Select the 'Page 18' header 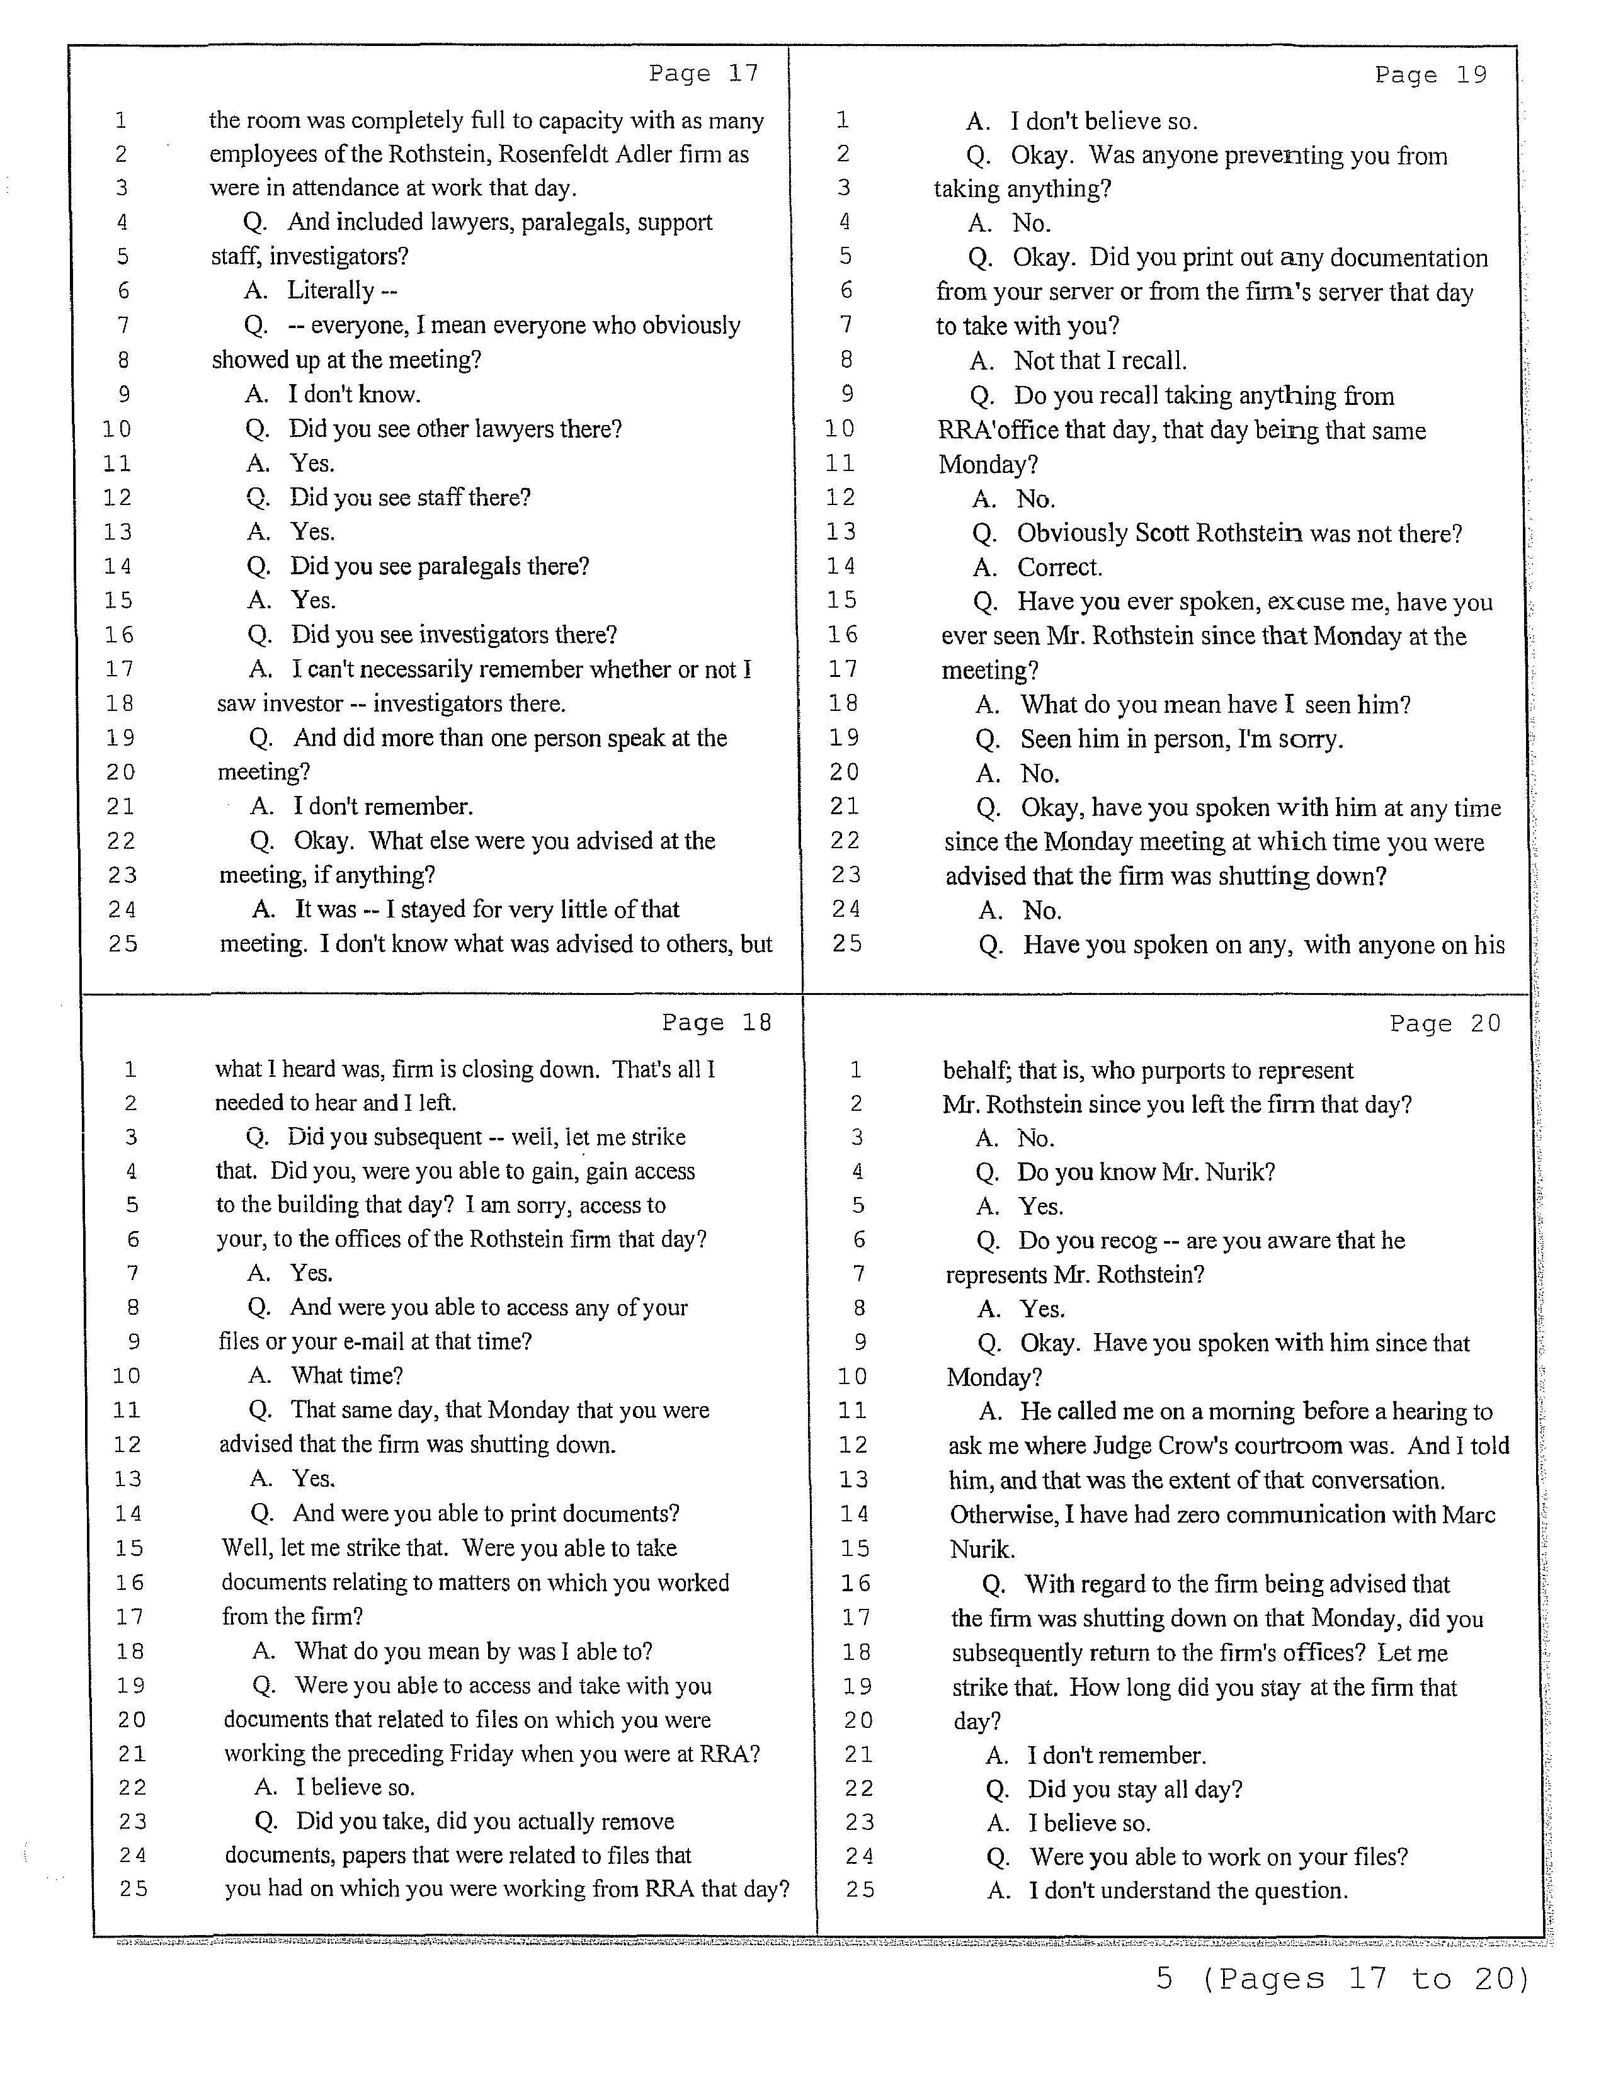[x=717, y=1023]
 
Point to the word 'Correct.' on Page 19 [x=1059, y=567]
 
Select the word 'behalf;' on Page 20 [x=976, y=1070]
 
